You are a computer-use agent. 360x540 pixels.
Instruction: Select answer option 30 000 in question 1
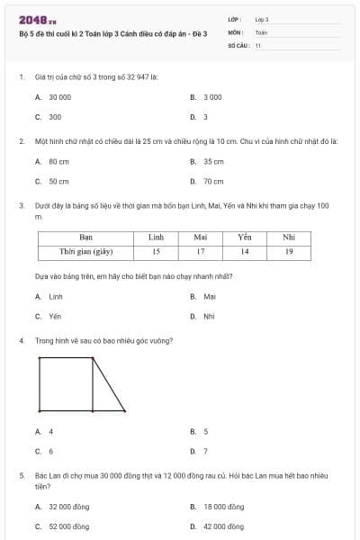pos(59,97)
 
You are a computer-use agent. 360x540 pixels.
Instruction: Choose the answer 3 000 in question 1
pos(212,97)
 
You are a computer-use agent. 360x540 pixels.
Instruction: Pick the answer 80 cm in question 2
pos(58,162)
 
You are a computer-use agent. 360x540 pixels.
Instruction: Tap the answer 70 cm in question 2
pos(212,182)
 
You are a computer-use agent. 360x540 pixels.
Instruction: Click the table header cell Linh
pos(156,238)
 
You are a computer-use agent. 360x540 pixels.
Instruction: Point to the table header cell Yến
pos(244,238)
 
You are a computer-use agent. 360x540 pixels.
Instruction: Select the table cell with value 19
pos(288,252)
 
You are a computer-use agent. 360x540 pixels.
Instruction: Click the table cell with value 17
pos(201,252)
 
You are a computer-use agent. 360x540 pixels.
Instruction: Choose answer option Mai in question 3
pos(210,296)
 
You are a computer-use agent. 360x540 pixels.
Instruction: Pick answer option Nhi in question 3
pos(209,317)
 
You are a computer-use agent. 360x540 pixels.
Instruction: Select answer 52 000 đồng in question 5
pos(68,526)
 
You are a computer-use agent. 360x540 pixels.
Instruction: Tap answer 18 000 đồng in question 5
pos(223,507)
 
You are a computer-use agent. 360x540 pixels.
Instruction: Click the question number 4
pos(21,341)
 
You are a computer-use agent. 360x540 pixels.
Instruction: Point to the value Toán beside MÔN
pos(261,31)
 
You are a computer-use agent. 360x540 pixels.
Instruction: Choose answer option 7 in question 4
pos(205,452)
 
